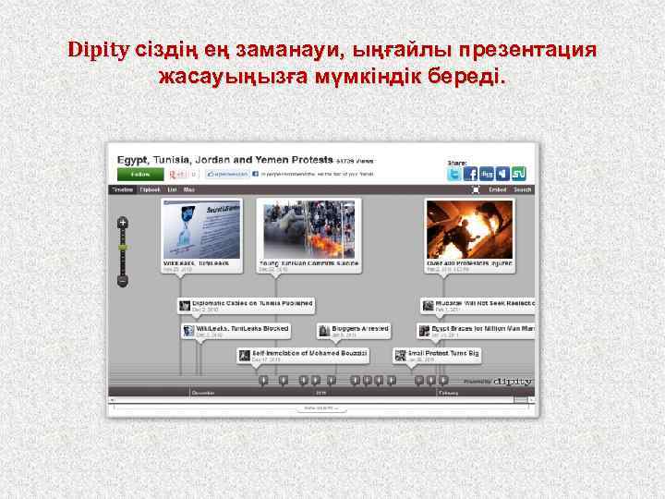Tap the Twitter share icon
[x=455, y=174]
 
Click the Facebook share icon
[x=471, y=174]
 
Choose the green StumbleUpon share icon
[x=518, y=174]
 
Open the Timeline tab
[x=123, y=189]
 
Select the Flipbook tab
[x=150, y=189]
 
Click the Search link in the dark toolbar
[x=523, y=189]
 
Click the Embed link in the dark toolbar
[x=498, y=189]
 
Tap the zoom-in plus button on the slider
[x=122, y=223]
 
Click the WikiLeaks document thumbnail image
[x=202, y=229]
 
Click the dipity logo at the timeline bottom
[x=512, y=380]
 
